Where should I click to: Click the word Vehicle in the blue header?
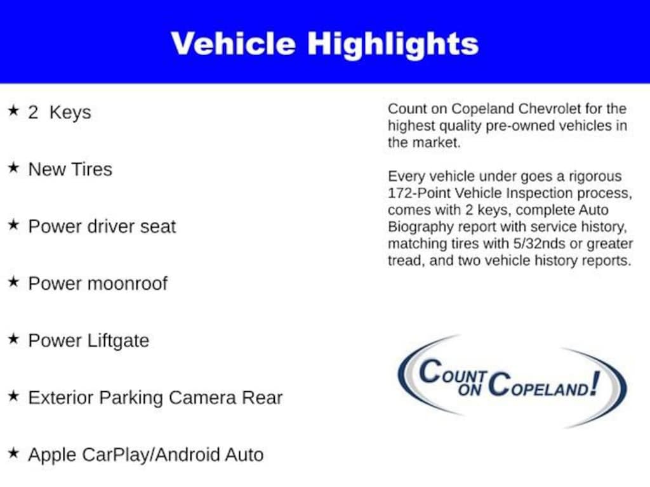233,44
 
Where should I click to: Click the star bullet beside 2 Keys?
14,110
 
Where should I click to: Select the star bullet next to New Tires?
14,167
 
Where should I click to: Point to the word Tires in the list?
92,169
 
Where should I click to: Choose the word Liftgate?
119,341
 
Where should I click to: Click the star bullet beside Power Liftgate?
14,339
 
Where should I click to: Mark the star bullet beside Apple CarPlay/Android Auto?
14,453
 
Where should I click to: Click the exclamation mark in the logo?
595,382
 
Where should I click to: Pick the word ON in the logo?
470,390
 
